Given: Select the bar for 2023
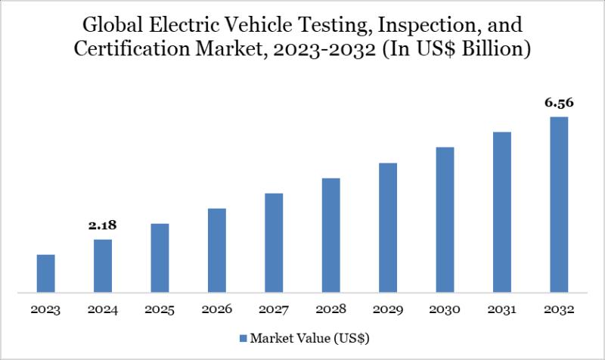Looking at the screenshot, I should click(x=46, y=273).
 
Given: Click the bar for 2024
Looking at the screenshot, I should click(x=103, y=265).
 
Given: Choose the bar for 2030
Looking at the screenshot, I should click(x=445, y=219).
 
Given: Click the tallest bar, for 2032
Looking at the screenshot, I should click(x=559, y=204).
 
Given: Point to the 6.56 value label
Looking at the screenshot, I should click(x=559, y=104).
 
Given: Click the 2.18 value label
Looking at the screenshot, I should click(x=103, y=225).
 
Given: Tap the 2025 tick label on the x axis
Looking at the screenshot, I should click(x=160, y=310).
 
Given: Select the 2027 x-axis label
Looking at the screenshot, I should click(x=274, y=310).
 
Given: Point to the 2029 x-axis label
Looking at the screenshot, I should click(x=388, y=310).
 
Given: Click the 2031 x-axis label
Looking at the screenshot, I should click(x=502, y=310).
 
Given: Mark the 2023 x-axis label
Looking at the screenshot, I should click(x=46, y=310).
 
